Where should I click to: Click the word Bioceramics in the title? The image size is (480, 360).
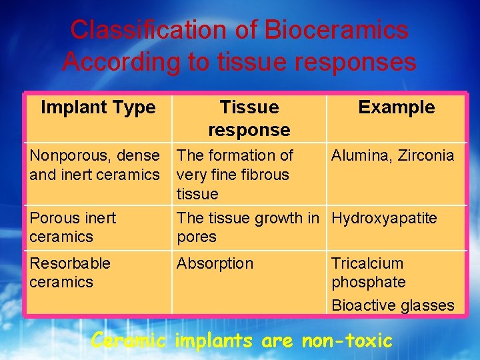(x=336, y=30)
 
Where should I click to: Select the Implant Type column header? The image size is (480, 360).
(x=98, y=107)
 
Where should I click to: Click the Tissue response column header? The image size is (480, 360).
(x=249, y=118)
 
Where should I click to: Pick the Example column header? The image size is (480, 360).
(x=396, y=107)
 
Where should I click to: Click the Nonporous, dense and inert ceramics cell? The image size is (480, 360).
(x=95, y=165)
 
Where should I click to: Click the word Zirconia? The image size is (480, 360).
(x=424, y=156)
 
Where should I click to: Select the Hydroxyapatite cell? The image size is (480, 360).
(x=385, y=218)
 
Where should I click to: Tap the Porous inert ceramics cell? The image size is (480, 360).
(x=73, y=227)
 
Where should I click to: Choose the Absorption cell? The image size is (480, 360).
(x=215, y=263)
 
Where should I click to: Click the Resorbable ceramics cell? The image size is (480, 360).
(x=70, y=273)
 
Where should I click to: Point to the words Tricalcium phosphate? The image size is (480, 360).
(x=369, y=273)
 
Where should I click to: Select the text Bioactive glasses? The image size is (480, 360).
(x=393, y=305)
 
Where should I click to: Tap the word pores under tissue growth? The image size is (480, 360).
(x=197, y=237)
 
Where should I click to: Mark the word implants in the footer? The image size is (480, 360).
(x=213, y=341)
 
